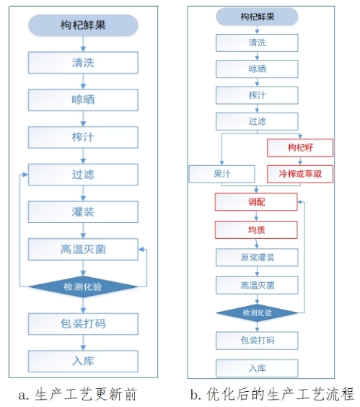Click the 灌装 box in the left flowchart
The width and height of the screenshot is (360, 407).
[83, 212]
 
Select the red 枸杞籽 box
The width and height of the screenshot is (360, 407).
[300, 148]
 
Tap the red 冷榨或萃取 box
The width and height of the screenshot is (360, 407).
[300, 174]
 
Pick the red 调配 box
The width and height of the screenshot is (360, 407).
[256, 201]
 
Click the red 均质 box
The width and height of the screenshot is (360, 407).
[256, 229]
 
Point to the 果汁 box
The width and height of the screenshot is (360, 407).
[222, 174]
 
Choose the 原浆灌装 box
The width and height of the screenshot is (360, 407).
[257, 258]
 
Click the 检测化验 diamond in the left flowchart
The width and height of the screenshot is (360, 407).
[83, 286]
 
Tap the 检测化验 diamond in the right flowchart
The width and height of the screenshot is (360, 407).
[257, 312]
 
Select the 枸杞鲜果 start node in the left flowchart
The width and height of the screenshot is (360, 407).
[83, 25]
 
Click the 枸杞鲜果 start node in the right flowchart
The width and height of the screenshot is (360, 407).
[257, 17]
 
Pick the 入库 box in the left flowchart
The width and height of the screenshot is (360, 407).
[83, 362]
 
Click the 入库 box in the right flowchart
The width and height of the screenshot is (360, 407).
[257, 368]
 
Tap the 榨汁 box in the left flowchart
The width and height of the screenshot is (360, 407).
[83, 137]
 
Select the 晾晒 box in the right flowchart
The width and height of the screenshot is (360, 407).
[257, 69]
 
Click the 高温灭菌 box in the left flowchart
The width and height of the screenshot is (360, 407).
[83, 250]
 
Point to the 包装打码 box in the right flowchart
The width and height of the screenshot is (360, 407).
[257, 341]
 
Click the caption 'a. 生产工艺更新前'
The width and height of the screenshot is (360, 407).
[77, 394]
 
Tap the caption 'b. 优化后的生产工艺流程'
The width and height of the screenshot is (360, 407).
[272, 394]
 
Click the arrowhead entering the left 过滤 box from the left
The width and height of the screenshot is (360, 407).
[25, 175]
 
